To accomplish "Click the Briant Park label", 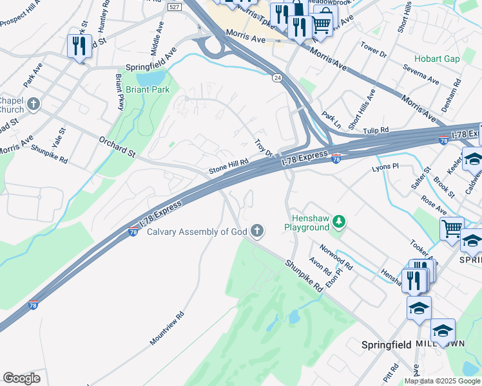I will pyautogui.click(x=148, y=89).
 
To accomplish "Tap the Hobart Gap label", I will pyautogui.click(x=437, y=59).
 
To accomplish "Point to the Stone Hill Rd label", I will pyautogui.click(x=228, y=167).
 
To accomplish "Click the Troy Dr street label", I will pyautogui.click(x=264, y=148).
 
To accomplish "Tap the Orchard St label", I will pyautogui.click(x=117, y=146).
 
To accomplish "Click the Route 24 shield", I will pyautogui.click(x=276, y=77).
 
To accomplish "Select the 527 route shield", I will pyautogui.click(x=173, y=6).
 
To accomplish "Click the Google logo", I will pyautogui.click(x=21, y=378).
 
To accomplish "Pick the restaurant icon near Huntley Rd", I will pyautogui.click(x=79, y=46).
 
